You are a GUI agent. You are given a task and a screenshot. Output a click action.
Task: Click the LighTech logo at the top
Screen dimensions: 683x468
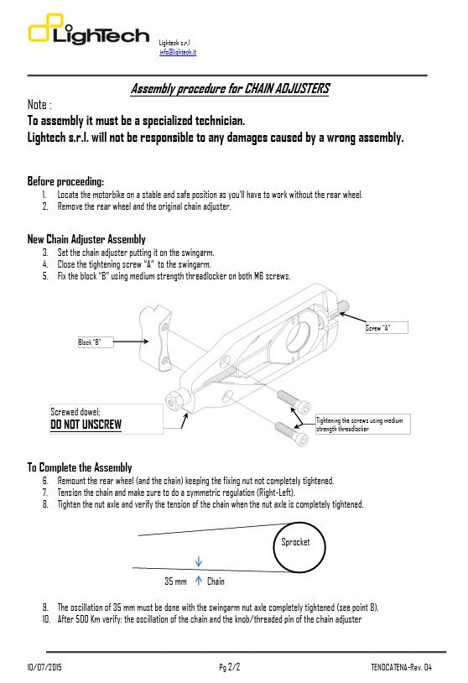coord(91,34)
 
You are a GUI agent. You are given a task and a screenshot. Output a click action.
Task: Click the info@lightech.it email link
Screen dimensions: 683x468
coord(177,52)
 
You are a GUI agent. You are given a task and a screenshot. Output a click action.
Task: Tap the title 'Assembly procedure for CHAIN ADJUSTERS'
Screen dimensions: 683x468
coord(231,88)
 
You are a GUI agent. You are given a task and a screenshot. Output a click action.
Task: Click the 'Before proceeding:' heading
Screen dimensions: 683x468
coord(66,181)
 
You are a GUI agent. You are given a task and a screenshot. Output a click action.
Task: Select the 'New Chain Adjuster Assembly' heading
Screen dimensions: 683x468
coord(86,239)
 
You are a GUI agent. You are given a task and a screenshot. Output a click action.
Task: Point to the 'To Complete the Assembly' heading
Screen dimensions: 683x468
coord(80,467)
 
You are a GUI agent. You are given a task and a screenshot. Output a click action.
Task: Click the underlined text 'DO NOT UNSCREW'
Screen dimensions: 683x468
coord(86,425)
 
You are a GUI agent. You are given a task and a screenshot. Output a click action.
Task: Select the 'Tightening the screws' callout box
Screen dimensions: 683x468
coord(363,424)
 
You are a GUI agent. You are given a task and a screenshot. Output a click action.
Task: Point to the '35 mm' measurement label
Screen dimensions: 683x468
coord(175,581)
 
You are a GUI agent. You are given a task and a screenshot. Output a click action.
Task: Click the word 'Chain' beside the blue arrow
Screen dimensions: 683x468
coord(216,581)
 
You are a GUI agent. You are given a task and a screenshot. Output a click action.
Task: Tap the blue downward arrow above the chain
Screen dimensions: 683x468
coord(198,562)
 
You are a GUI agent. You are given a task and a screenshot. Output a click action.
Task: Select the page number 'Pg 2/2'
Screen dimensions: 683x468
coord(230,667)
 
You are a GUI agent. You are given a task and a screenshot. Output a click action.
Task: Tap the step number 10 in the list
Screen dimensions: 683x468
coord(46,619)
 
